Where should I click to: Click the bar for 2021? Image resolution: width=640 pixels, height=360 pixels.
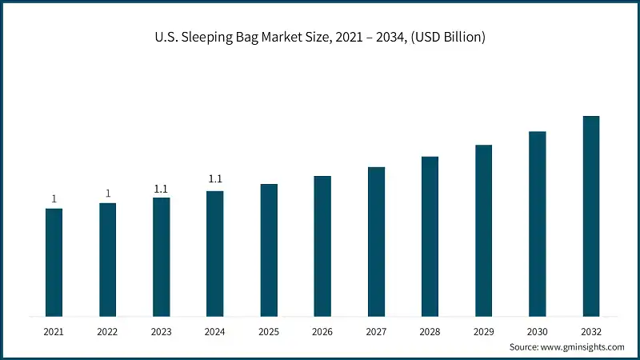pyautogui.click(x=54, y=262)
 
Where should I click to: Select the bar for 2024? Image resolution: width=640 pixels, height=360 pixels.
pyautogui.click(x=214, y=253)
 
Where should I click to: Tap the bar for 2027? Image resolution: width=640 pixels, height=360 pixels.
pyautogui.click(x=376, y=241)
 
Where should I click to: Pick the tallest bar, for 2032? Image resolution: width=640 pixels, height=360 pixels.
pyautogui.click(x=590, y=215)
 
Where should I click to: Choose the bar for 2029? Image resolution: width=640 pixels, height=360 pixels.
pyautogui.click(x=483, y=230)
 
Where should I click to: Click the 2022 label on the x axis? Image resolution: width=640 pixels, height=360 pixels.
pyautogui.click(x=107, y=330)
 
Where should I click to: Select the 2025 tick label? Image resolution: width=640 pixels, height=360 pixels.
pyautogui.click(x=269, y=330)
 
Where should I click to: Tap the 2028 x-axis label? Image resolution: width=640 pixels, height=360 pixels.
pyautogui.click(x=430, y=330)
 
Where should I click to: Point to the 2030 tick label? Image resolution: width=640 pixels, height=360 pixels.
pyautogui.click(x=537, y=330)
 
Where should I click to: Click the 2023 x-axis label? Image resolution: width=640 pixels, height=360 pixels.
pyautogui.click(x=161, y=330)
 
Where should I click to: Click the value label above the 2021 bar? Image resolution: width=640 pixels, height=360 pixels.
pyautogui.click(x=54, y=198)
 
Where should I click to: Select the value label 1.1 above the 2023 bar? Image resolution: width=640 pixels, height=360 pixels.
pyautogui.click(x=161, y=189)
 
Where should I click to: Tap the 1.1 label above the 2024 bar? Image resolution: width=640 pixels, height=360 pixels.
pyautogui.click(x=214, y=179)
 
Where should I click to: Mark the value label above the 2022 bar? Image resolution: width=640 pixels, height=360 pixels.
pyautogui.click(x=107, y=193)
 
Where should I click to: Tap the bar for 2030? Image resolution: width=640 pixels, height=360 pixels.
pyautogui.click(x=537, y=223)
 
